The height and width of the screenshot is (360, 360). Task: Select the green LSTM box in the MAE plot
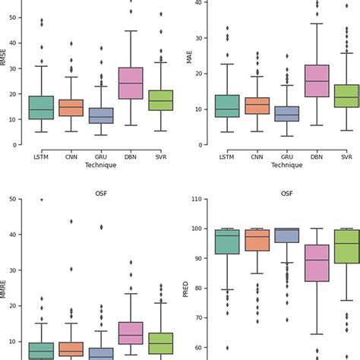(x=226, y=106)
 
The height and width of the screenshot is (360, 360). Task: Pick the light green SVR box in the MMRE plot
(x=161, y=343)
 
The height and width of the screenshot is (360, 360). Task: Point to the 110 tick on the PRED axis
(x=197, y=199)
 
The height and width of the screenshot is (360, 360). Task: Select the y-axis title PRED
(x=185, y=289)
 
